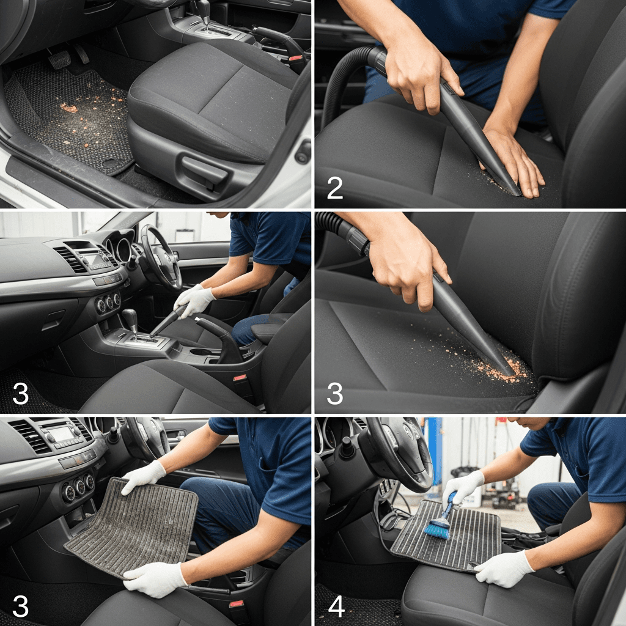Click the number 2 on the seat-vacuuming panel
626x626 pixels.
334,188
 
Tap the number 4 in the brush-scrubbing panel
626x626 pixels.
336,606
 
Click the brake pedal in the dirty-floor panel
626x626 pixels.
59,59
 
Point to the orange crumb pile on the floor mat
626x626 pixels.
68,108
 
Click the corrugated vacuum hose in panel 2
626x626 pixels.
347,80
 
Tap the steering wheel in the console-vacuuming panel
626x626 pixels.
160,257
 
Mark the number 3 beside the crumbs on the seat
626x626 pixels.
334,393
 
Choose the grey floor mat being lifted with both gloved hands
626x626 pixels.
133,527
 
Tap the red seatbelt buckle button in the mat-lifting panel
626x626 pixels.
237,604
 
